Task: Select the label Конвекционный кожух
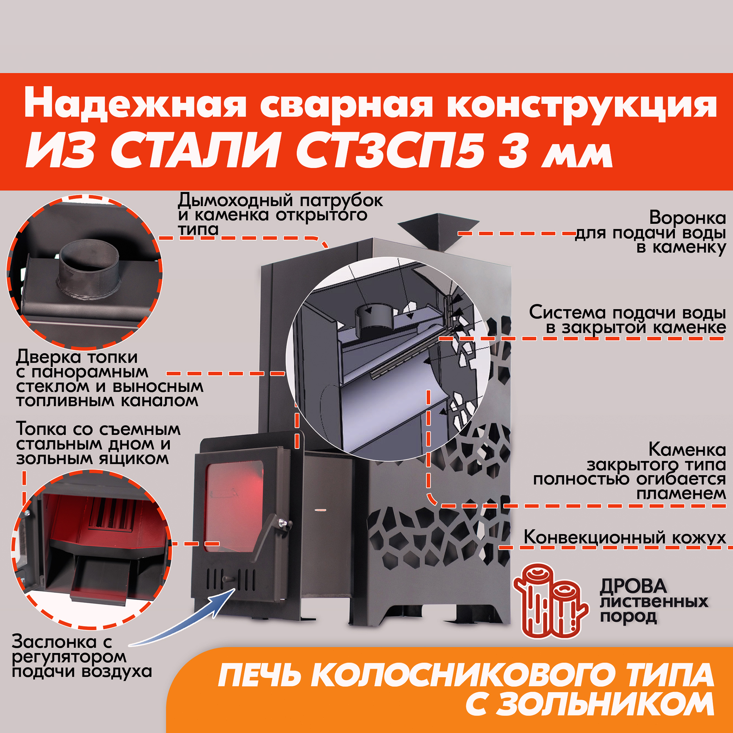(x=625, y=538)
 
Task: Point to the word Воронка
(x=688, y=218)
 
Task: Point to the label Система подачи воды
(x=627, y=313)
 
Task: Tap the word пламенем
(x=681, y=494)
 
